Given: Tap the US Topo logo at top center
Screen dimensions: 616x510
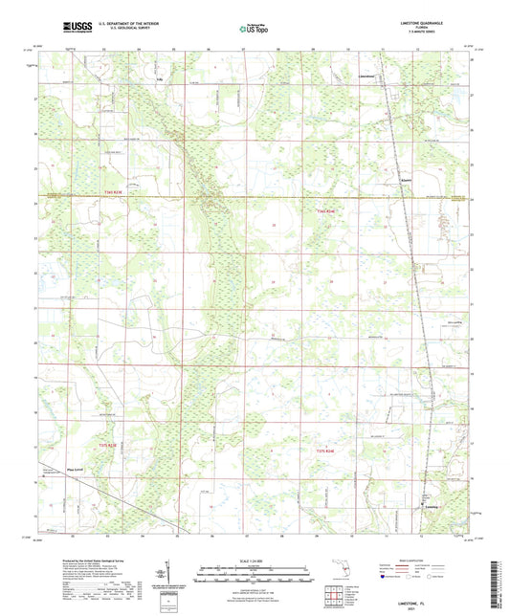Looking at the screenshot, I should point(254,30).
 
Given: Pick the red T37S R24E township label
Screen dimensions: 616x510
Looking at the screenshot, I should point(326,450).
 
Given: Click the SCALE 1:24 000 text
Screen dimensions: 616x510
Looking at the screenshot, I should point(255,560).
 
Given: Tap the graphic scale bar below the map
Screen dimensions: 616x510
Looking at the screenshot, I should point(255,575).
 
